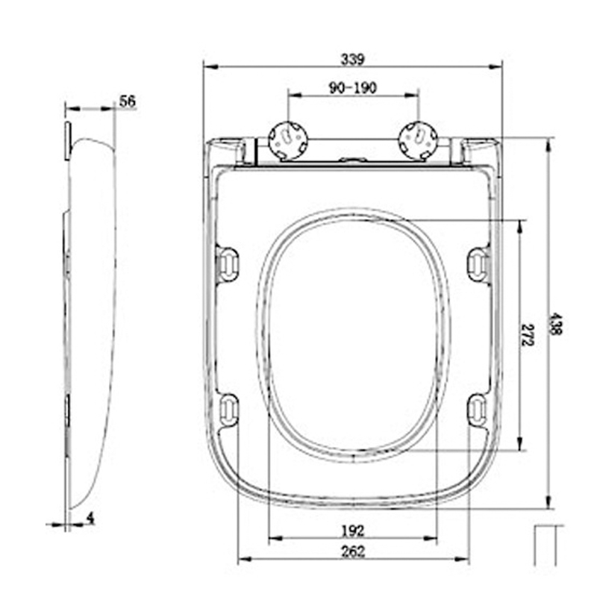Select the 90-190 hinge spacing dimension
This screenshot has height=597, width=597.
click(352, 88)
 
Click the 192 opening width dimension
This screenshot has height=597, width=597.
click(352, 531)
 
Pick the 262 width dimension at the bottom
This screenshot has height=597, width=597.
click(352, 551)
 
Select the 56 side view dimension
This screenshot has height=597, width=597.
click(128, 101)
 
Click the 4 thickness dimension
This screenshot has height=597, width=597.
click(90, 517)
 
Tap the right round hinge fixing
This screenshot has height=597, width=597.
click(419, 140)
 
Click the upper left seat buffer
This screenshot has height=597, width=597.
click(228, 265)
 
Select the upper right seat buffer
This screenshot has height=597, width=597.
click(478, 265)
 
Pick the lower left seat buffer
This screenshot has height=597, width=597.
click(229, 410)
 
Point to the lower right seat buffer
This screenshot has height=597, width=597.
click(477, 410)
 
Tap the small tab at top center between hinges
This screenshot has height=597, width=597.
click(353, 159)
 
